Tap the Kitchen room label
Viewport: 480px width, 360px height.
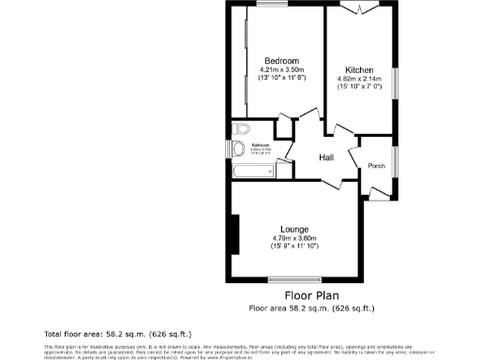pos(360,70)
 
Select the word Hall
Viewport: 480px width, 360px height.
pos(327,157)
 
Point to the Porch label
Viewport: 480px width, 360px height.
pos(376,166)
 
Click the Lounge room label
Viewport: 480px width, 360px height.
pos(295,229)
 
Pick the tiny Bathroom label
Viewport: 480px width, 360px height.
pos(260,145)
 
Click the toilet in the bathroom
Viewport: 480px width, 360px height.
pos(239,129)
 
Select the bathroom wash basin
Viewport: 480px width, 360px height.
pos(238,148)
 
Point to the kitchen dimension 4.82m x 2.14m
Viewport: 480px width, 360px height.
pos(360,80)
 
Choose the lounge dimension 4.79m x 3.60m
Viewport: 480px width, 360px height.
pos(295,238)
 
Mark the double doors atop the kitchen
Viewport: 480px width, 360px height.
pos(360,8)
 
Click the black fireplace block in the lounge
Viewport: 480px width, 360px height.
pos(236,232)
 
